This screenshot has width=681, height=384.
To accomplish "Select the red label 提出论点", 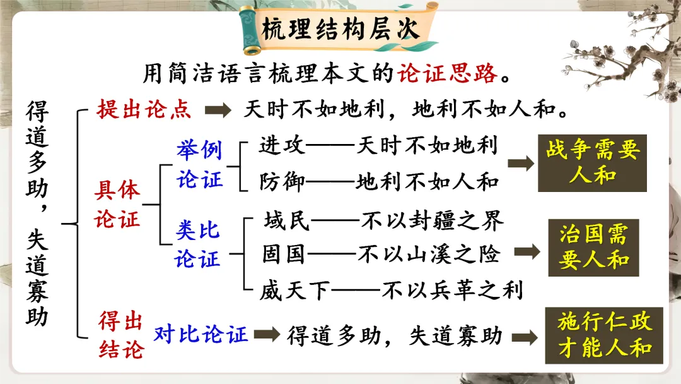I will click(144, 110).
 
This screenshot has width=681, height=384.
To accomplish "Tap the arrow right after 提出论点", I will click(219, 111).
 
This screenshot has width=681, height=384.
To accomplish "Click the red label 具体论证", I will click(117, 203).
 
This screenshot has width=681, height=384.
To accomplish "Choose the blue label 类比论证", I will click(198, 245).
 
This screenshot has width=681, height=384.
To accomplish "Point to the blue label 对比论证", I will click(201, 335).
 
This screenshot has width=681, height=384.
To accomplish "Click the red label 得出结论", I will click(121, 335).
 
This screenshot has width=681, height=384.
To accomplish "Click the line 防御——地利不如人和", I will click(379, 182).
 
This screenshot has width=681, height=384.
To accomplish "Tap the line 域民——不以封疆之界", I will click(383, 220).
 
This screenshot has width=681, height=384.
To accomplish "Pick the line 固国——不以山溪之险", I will click(381, 254).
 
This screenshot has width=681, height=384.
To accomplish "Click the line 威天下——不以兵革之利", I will click(391, 291).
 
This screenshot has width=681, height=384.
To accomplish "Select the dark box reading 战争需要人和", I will click(591, 163).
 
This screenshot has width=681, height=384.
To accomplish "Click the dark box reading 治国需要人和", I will click(593, 248).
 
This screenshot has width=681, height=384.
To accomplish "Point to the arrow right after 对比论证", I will click(267, 335).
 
